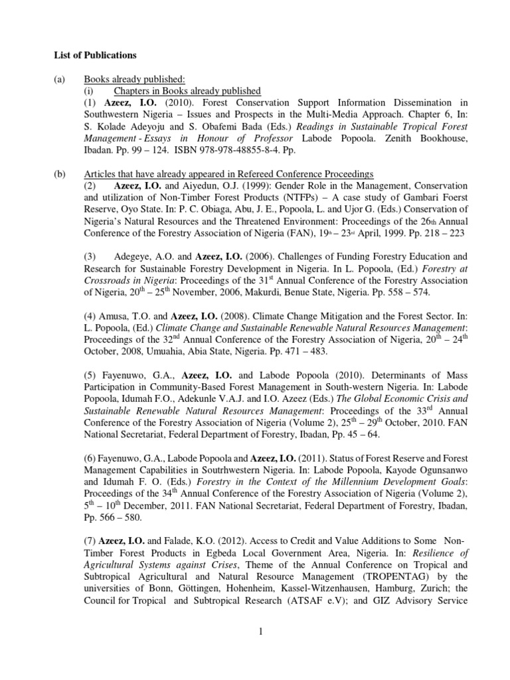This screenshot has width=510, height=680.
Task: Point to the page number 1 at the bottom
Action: pos(262,631)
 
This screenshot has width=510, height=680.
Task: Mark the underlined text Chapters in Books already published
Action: pos(187,91)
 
